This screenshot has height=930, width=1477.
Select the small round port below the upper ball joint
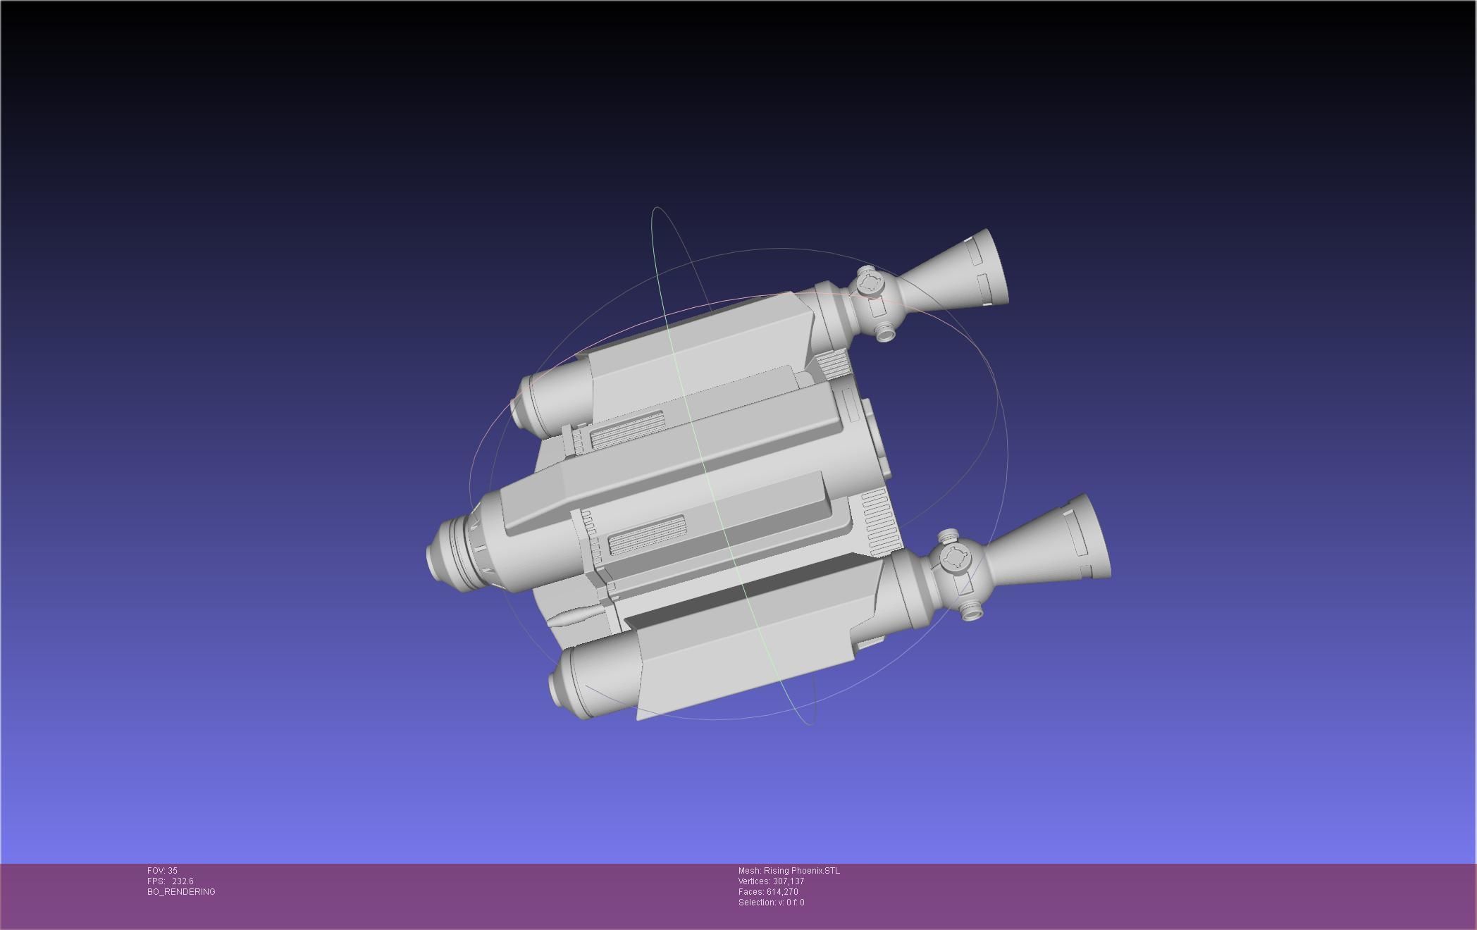tap(885, 331)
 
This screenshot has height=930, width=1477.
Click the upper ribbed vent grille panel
tap(627, 430)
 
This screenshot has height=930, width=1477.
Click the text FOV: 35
tap(162, 871)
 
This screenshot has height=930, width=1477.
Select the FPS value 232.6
tap(183, 881)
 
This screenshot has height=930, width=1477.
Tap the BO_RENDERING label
tap(181, 892)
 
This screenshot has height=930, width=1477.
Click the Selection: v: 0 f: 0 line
tap(771, 903)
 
